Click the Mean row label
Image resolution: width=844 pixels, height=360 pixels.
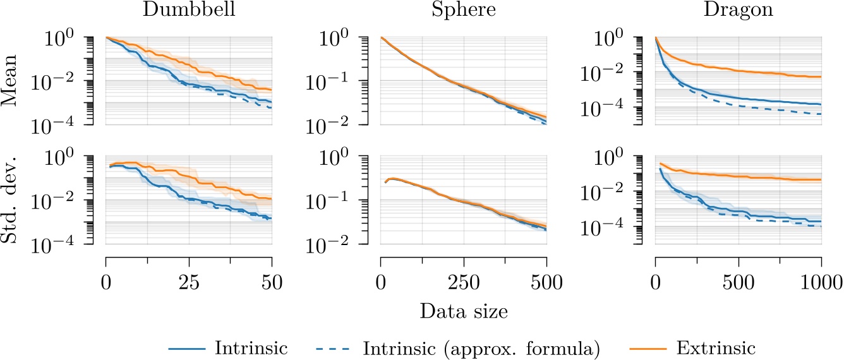[x=17, y=81]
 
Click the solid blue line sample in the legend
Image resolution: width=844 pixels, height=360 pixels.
[x=188, y=347]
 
